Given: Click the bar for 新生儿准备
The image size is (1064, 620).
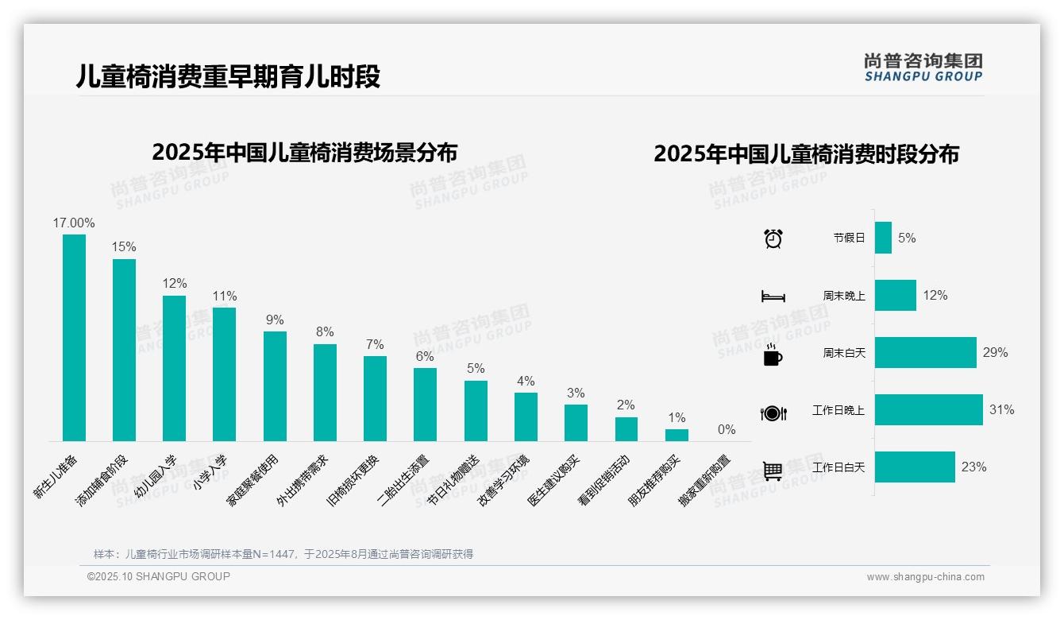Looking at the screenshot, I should [x=74, y=338].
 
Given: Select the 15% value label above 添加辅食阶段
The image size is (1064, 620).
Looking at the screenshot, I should [x=124, y=247].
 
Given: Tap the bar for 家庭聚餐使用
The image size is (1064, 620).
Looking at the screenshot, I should [x=275, y=386].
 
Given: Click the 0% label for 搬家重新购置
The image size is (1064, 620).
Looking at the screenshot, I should [x=727, y=430].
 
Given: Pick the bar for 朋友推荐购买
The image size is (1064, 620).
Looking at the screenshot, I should [x=677, y=435].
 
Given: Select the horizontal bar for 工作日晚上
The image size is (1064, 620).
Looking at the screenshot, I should [x=928, y=410].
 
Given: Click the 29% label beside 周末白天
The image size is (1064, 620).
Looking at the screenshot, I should [x=995, y=352].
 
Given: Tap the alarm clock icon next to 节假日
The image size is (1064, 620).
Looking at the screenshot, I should [x=773, y=238].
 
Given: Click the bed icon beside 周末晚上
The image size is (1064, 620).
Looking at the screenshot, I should [x=773, y=296].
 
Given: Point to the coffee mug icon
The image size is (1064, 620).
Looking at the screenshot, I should [x=773, y=355].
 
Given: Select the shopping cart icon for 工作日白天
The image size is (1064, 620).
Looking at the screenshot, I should [x=773, y=471].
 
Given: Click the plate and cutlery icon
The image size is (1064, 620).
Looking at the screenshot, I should [x=773, y=413].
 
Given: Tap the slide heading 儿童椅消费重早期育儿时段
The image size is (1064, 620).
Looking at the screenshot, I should [x=228, y=76].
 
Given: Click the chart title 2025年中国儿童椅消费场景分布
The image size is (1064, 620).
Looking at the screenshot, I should [x=304, y=152].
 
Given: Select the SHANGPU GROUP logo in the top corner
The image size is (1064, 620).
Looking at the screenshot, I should [x=923, y=68].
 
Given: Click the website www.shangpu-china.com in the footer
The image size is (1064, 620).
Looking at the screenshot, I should [x=925, y=577].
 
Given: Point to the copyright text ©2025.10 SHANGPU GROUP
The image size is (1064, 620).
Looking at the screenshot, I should [x=158, y=576].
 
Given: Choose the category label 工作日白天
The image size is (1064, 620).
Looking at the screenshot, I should [x=838, y=467].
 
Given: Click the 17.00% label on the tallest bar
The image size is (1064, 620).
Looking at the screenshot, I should [x=74, y=223].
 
